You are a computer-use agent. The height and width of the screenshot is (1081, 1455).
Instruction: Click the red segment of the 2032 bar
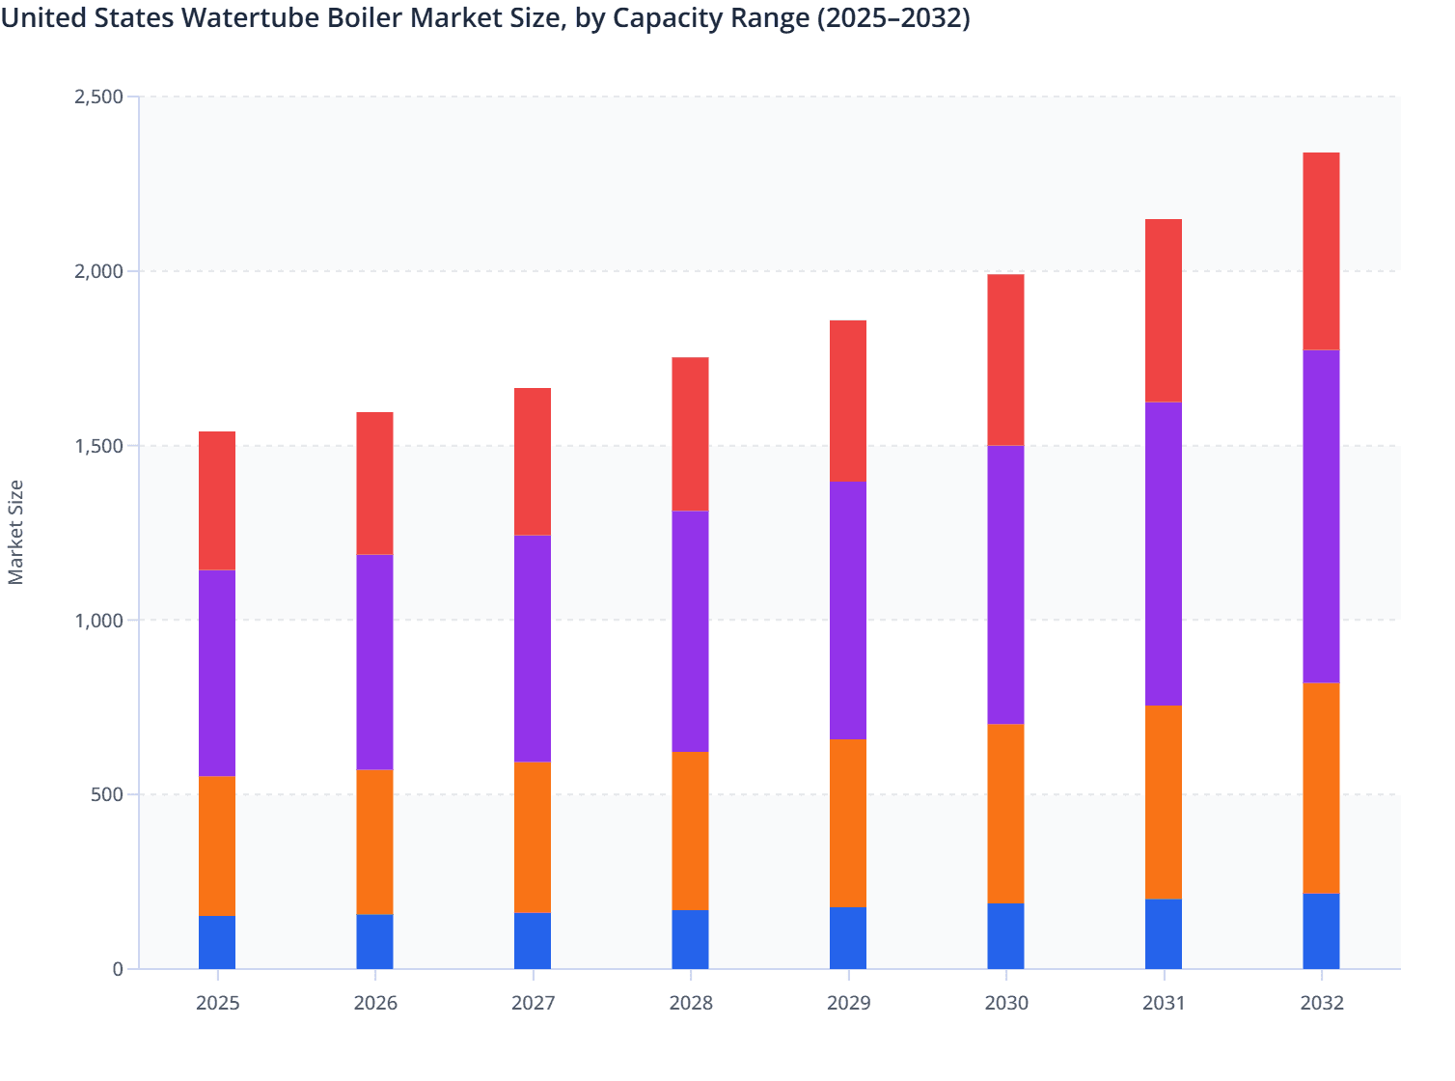tap(1321, 251)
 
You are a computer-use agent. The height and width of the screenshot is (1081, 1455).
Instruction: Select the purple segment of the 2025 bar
tap(217, 673)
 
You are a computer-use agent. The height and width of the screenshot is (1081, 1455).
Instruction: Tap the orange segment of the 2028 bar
tap(690, 830)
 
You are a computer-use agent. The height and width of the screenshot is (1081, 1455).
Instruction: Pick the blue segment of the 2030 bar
tap(1005, 935)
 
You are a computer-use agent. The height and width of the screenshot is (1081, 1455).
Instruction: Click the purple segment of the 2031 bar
tap(1163, 553)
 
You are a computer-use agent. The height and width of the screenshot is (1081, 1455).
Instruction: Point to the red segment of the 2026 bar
tap(374, 483)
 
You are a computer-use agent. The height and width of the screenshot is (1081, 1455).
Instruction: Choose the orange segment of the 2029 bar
tap(848, 822)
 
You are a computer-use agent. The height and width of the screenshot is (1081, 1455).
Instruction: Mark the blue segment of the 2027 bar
tap(533, 940)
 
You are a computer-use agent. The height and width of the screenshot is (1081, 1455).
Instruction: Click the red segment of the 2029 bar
tap(848, 401)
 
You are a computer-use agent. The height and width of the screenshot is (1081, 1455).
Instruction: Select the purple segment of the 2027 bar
tap(533, 648)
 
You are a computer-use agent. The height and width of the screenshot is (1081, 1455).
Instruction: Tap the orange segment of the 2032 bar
tap(1321, 788)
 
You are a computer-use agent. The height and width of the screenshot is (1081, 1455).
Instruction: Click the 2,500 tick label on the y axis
tap(98, 97)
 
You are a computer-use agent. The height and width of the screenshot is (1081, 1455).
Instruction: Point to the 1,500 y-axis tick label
tap(98, 446)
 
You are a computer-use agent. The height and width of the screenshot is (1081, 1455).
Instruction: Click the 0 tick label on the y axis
tap(118, 969)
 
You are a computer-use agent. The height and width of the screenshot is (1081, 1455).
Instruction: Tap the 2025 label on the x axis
tap(217, 1003)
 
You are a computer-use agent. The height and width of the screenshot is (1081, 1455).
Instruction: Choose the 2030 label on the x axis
tap(1005, 1003)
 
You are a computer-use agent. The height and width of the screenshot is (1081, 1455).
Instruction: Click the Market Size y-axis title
tap(16, 532)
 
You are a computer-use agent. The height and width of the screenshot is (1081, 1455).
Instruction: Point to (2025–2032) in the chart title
tap(893, 17)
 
